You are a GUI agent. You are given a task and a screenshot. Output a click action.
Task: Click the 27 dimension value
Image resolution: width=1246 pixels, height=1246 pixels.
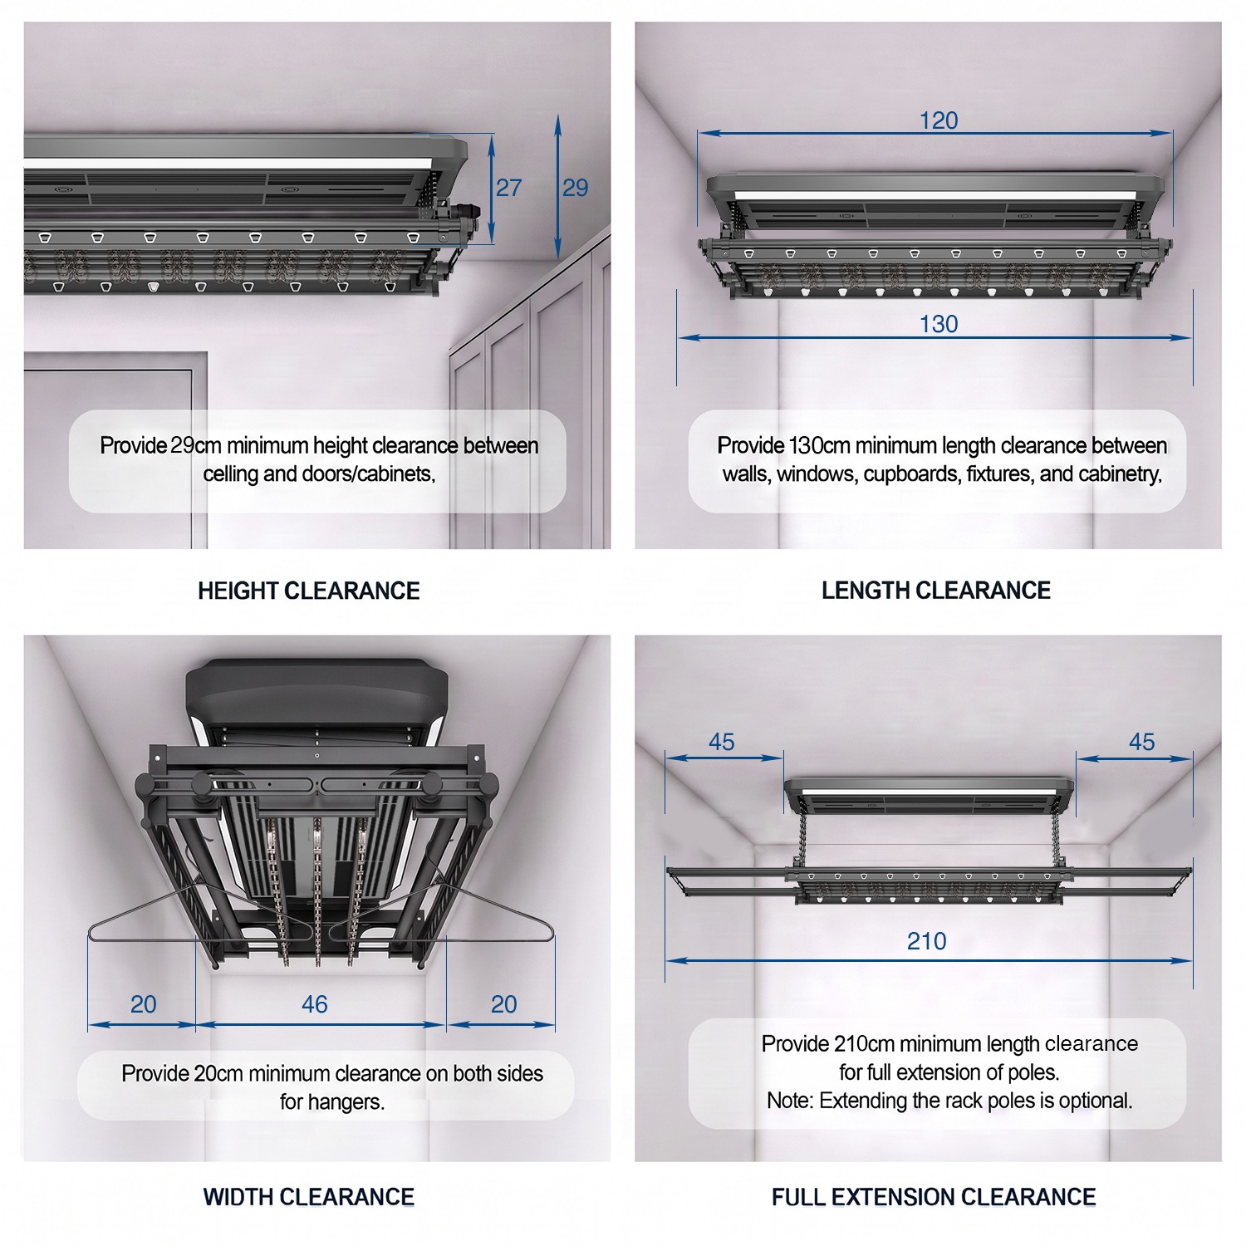(x=508, y=188)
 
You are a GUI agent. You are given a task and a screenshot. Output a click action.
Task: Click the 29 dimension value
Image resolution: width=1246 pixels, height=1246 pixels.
(x=575, y=188)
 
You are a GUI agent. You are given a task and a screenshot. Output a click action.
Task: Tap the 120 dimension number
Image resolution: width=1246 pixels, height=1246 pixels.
(x=939, y=120)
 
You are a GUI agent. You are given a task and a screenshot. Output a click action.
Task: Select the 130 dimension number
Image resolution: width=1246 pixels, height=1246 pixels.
(x=939, y=324)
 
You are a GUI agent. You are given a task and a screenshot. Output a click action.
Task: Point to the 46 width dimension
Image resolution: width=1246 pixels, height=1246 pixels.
(x=314, y=1004)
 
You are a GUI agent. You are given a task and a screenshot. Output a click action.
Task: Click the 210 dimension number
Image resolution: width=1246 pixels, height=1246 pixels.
(x=926, y=941)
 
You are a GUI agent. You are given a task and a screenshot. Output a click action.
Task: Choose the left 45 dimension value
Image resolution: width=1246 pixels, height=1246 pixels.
(x=722, y=742)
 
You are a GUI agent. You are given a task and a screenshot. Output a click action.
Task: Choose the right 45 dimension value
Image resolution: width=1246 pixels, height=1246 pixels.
(x=1142, y=742)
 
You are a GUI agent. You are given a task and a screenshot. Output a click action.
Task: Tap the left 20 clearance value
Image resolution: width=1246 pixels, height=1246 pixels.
(x=143, y=1004)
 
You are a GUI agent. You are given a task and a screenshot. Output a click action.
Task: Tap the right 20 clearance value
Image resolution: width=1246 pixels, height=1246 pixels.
(x=503, y=1004)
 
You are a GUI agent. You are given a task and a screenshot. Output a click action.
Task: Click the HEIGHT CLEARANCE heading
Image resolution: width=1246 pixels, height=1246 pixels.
(x=309, y=591)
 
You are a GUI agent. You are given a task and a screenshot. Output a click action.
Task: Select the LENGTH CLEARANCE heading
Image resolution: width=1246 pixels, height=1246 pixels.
(x=936, y=591)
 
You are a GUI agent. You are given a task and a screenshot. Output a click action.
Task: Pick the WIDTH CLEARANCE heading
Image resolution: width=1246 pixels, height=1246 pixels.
(x=309, y=1197)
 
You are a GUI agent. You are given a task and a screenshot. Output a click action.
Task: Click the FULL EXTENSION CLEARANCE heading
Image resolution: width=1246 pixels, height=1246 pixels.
(x=934, y=1197)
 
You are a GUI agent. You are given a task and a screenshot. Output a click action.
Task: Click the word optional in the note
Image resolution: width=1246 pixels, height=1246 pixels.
(x=1096, y=1101)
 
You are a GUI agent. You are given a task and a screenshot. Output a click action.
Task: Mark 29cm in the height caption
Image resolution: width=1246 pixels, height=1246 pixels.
(x=196, y=446)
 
